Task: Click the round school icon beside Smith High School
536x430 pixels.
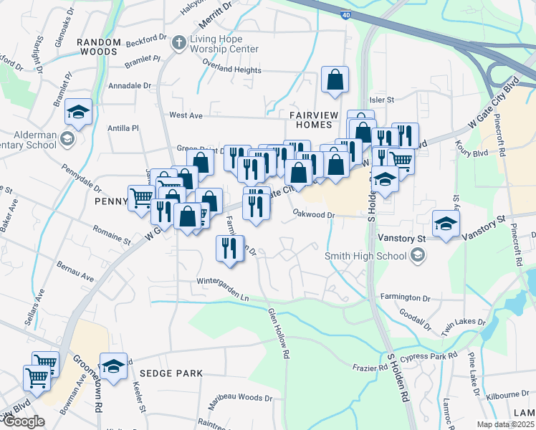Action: point(416,255)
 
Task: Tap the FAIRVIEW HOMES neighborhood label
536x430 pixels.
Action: point(312,120)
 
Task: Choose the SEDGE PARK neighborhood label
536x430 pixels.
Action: point(171,373)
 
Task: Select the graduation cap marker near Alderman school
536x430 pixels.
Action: point(78,113)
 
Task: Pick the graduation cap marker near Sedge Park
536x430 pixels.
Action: point(113,367)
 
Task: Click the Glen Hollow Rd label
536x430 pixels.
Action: point(278,333)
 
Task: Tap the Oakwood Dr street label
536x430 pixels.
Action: point(314,214)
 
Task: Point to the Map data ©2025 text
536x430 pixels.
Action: point(506,424)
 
